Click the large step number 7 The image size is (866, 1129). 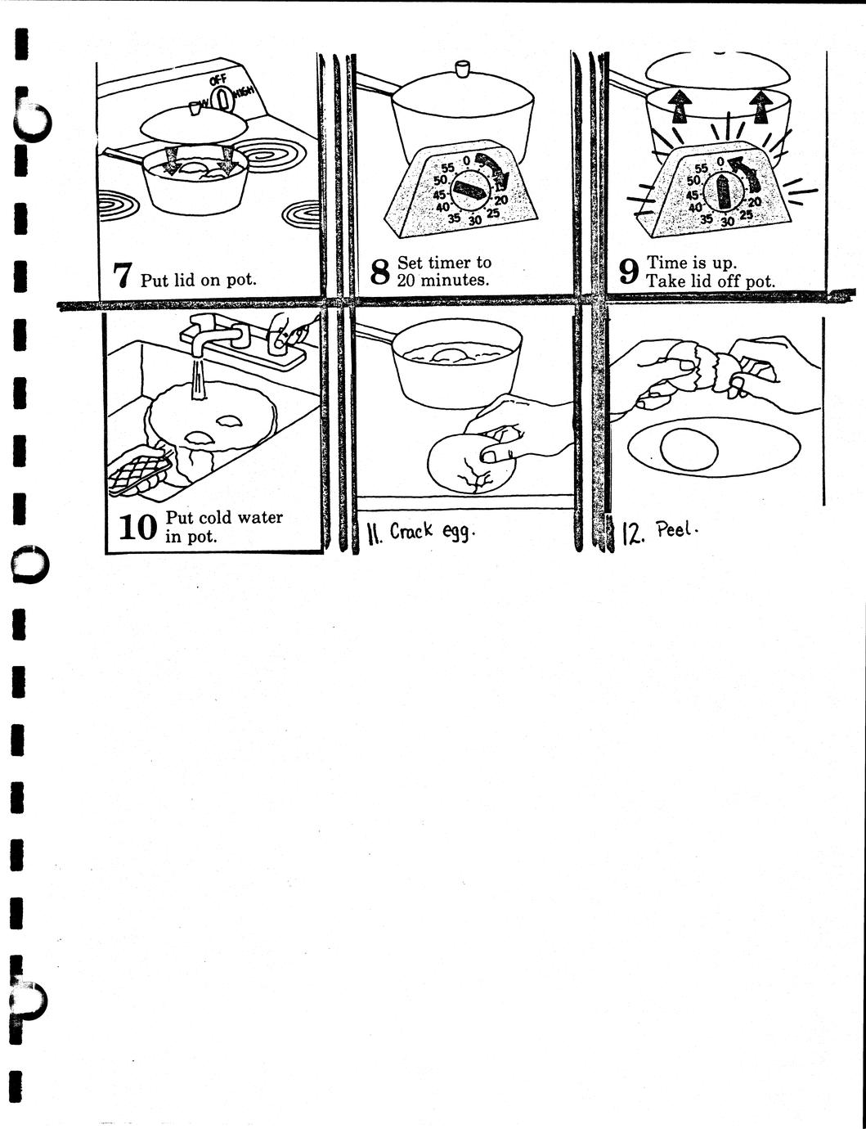pos(123,275)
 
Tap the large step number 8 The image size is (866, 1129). pos(379,272)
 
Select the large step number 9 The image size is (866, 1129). pos(628,272)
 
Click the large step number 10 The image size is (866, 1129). pos(137,528)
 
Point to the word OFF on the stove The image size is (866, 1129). pos(218,80)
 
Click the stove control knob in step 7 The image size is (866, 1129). pos(223,99)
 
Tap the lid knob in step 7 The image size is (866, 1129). pos(195,108)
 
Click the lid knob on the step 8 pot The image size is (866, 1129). pos(461,68)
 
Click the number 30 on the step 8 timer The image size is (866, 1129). pos(475,220)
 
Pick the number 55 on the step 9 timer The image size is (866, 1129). pos(702,169)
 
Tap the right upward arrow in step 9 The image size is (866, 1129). pos(760,106)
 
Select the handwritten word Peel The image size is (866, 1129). pos(674,530)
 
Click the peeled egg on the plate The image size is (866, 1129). pos(689,448)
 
